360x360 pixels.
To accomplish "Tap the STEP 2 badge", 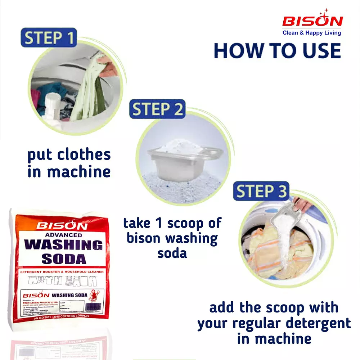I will coord(157,109).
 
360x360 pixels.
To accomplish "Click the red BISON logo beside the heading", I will coord(312,21).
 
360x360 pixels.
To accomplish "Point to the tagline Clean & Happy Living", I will coord(312,33).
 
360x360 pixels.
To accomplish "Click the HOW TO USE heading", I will coord(277,51).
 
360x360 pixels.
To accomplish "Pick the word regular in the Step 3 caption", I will coord(259,323).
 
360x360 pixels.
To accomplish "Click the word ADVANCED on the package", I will coord(59,235).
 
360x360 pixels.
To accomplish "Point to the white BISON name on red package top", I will coord(62,226).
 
